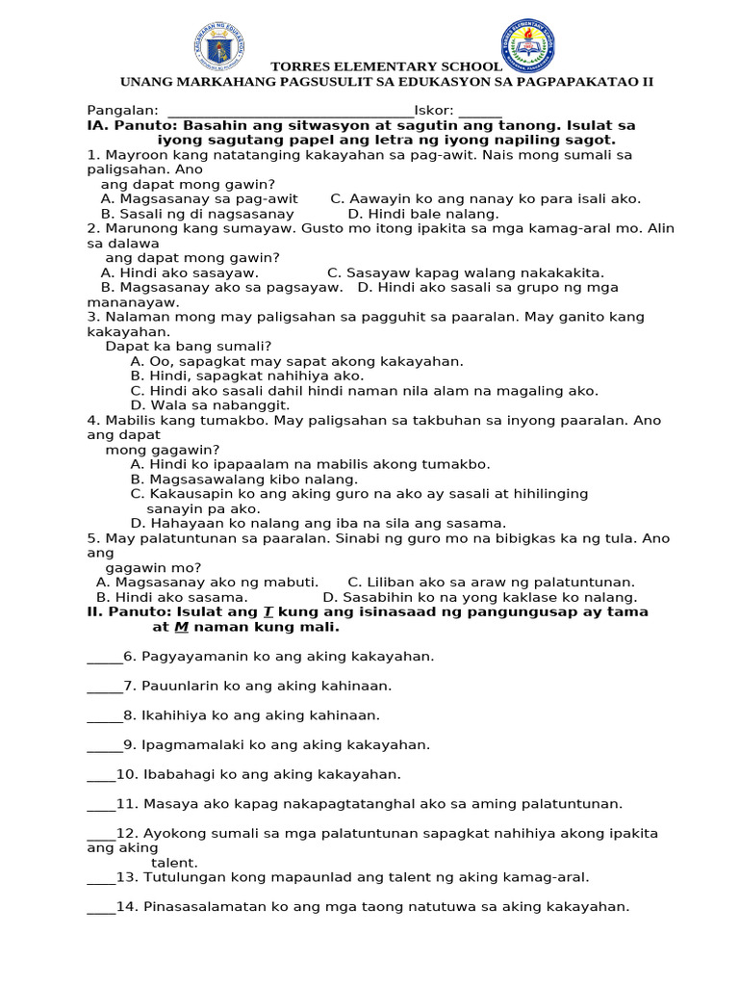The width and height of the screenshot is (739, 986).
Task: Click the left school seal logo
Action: click(219, 47)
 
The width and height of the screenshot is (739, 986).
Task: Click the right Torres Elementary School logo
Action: click(527, 45)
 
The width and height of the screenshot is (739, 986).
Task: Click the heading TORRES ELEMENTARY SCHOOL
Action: click(386, 66)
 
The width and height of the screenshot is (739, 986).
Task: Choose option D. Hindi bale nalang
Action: click(423, 214)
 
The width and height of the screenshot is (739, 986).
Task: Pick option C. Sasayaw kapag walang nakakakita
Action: click(466, 273)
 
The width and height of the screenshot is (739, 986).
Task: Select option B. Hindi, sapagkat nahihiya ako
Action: click(247, 376)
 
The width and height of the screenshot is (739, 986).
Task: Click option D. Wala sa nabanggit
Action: click(210, 405)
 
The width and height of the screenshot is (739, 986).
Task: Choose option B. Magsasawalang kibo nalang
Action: click(244, 480)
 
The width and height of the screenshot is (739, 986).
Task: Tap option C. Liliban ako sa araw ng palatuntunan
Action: click(491, 583)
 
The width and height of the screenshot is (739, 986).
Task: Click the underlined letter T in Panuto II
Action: click(268, 612)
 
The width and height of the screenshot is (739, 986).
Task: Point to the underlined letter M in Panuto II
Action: click(180, 628)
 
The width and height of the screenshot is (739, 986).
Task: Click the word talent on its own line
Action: click(174, 863)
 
